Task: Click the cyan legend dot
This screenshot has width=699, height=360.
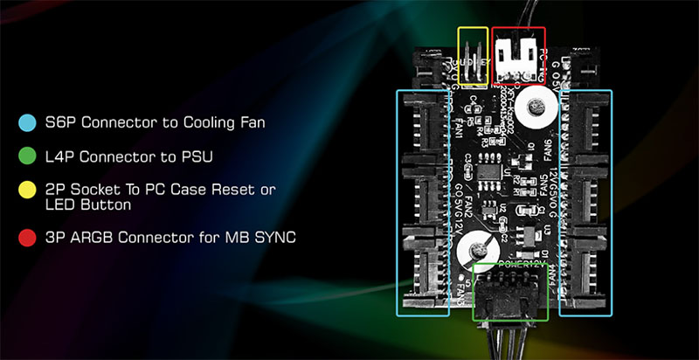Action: pos(27,121)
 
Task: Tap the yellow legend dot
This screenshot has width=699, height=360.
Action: pos(27,189)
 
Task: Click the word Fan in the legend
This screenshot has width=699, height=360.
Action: pos(250,122)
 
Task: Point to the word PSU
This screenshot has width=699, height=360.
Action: pos(196,156)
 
